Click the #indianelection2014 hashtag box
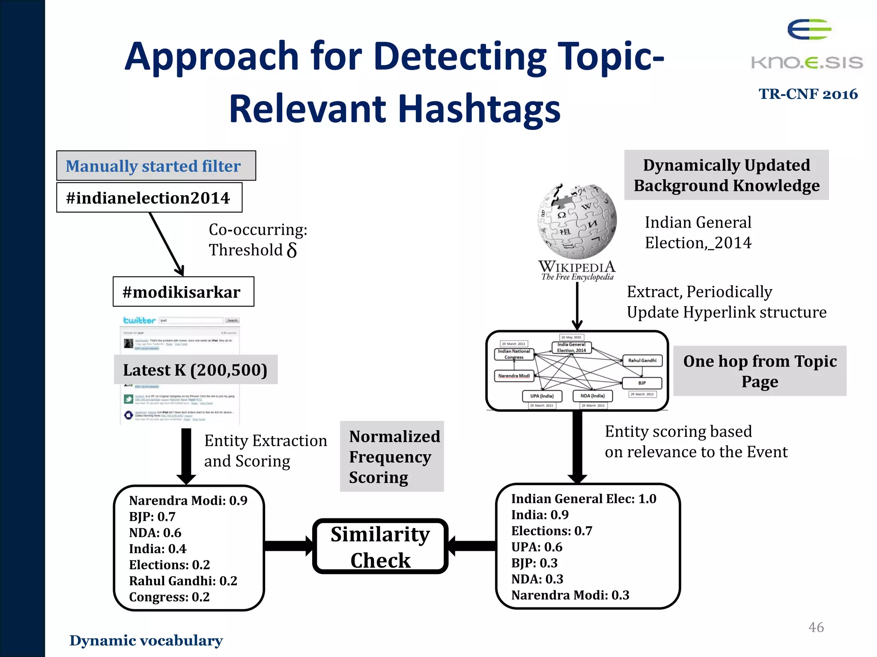(x=149, y=198)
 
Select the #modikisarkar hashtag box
(x=183, y=292)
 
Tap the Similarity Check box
(x=380, y=547)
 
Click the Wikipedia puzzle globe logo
(x=577, y=222)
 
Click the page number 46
(x=816, y=627)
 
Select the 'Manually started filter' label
(x=156, y=166)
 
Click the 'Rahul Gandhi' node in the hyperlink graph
(x=642, y=361)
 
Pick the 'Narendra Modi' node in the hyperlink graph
(x=514, y=376)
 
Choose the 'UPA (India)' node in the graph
(x=542, y=396)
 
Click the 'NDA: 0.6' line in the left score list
(x=155, y=533)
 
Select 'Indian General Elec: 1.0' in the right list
(x=583, y=499)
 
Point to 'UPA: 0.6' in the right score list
(x=537, y=547)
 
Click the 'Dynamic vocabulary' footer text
(x=146, y=640)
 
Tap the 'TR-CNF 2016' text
(x=808, y=94)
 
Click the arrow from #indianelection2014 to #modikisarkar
(x=167, y=244)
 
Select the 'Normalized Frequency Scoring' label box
(x=392, y=456)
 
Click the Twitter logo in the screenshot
(x=139, y=320)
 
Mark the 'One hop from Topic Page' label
(x=760, y=371)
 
